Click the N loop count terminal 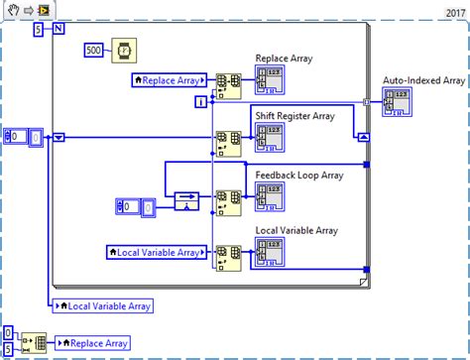click(x=57, y=29)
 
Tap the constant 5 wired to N click(x=38, y=29)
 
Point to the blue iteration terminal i click(x=201, y=101)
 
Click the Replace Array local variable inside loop click(x=169, y=78)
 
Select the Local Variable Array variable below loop click(x=101, y=305)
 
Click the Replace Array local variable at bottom click(x=93, y=343)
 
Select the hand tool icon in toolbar click(x=10, y=10)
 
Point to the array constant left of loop click(x=23, y=138)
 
